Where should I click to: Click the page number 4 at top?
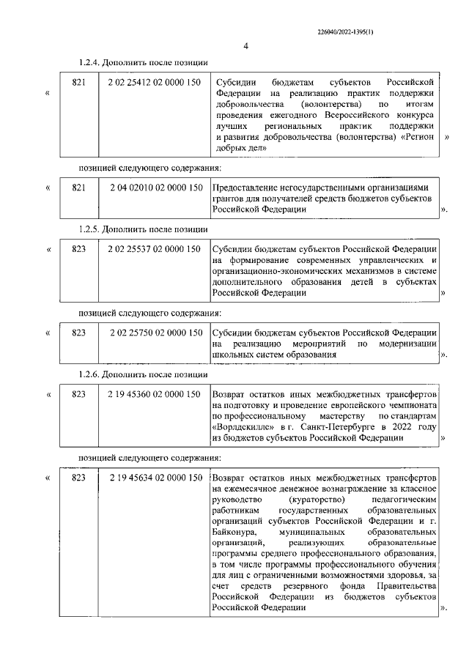246,48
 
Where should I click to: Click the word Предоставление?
250,188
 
